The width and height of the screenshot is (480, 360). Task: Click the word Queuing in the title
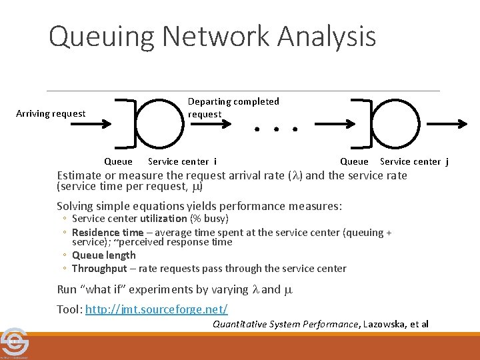coord(89,36)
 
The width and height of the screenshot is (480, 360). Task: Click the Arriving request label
coord(51,113)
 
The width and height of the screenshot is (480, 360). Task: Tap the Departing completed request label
coord(233,107)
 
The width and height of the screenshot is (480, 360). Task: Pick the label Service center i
coord(182,161)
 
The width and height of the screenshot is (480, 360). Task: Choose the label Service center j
coord(414,161)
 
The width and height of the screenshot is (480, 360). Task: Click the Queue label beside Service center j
coord(354,161)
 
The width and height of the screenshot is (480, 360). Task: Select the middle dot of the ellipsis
coord(275,128)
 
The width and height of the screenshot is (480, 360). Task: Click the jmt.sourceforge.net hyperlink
coord(157,309)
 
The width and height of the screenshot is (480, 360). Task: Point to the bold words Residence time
coord(102,233)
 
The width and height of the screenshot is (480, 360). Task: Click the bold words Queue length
coord(103,255)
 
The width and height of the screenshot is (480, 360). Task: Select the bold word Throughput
coord(99,269)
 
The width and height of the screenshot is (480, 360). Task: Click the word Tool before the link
coord(69,309)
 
